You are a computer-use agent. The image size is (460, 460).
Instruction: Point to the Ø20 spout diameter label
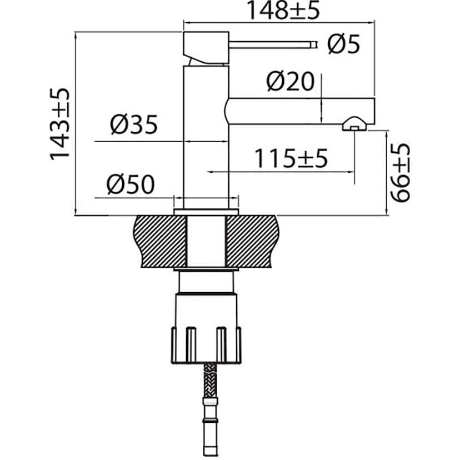pos(291,82)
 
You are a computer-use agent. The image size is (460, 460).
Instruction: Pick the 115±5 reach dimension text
pos(291,159)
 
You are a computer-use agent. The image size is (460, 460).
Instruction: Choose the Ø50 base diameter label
pos(130,184)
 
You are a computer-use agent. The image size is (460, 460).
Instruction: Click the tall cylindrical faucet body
pos(206,139)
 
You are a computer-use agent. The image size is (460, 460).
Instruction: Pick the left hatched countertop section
pos(158,241)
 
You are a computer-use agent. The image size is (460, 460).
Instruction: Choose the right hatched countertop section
pos(253,241)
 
